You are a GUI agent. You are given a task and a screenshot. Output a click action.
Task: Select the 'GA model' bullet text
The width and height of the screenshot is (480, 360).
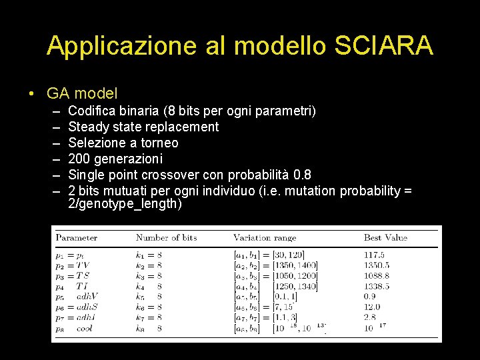pyautogui.click(x=82, y=93)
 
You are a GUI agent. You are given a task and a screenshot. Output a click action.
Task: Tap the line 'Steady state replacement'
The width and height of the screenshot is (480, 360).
pyautogui.click(x=143, y=127)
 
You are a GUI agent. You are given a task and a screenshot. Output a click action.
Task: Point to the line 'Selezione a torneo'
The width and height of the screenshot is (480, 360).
pyautogui.click(x=123, y=143)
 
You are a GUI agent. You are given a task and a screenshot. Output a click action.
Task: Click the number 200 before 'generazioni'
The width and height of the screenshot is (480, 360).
pyautogui.click(x=79, y=159)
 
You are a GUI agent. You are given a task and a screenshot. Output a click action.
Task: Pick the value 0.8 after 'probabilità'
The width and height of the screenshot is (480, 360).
pyautogui.click(x=301, y=175)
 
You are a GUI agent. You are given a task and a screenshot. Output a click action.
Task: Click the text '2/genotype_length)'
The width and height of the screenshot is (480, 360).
pyautogui.click(x=125, y=204)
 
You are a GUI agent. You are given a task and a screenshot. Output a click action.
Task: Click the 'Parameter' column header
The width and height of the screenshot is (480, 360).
pyautogui.click(x=76, y=237)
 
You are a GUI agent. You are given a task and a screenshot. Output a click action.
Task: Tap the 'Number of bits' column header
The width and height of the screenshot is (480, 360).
pyautogui.click(x=166, y=237)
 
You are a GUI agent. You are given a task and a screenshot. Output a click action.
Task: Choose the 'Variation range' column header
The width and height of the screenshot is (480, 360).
pyautogui.click(x=264, y=237)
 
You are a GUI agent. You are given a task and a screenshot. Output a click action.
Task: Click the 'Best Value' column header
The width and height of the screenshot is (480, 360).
pyautogui.click(x=385, y=237)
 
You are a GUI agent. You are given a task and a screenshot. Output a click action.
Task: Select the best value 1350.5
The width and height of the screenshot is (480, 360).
pyautogui.click(x=377, y=265)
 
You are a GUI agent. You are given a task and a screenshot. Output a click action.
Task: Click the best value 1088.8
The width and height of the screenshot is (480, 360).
pyautogui.click(x=377, y=275)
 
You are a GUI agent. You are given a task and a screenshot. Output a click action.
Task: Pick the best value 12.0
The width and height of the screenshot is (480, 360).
pyautogui.click(x=372, y=307)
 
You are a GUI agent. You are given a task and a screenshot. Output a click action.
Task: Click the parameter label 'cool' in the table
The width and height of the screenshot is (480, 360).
pyautogui.click(x=85, y=328)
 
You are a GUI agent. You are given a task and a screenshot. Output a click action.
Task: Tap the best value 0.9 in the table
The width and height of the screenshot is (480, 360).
pyautogui.click(x=369, y=297)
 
